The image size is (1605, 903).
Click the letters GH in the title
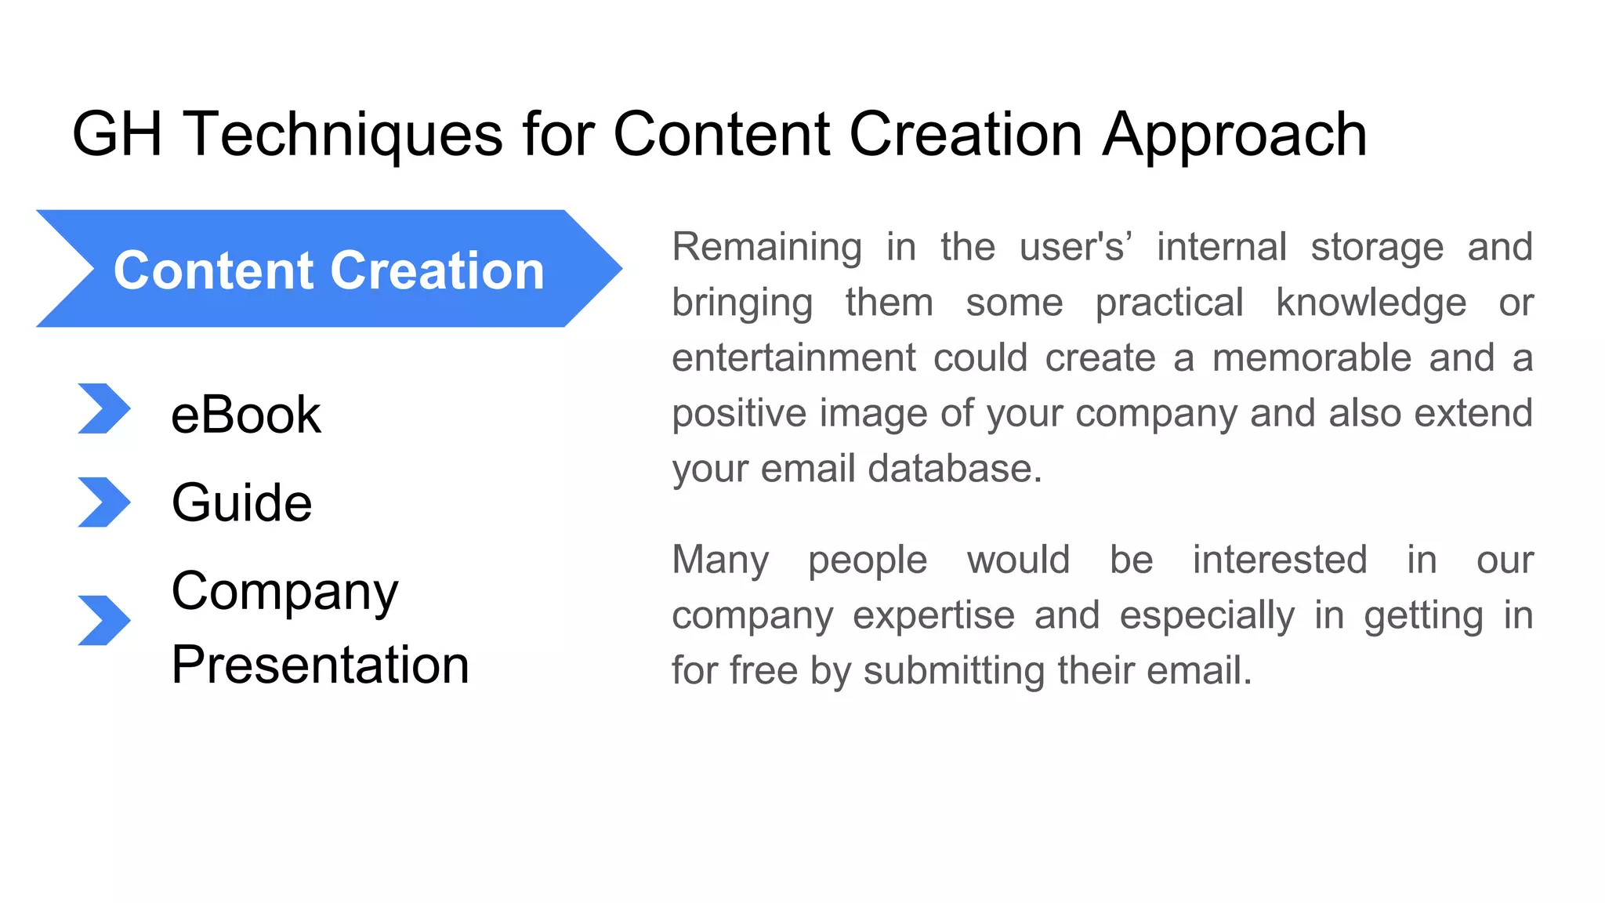(x=117, y=134)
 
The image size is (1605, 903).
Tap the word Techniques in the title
(x=342, y=134)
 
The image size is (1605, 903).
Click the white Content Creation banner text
(x=329, y=270)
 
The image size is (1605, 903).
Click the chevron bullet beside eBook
(x=103, y=408)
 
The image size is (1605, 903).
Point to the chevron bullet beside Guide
(x=103, y=502)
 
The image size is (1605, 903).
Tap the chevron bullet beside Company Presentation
(x=103, y=620)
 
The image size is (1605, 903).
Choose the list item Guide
(x=241, y=502)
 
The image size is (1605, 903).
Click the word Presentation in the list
(x=320, y=665)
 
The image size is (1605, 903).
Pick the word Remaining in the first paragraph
(x=766, y=247)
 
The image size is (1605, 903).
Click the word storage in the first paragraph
(x=1377, y=247)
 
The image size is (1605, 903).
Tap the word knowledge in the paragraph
(x=1371, y=303)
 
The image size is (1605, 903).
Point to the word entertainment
(x=793, y=358)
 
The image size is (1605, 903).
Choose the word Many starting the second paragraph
(x=720, y=560)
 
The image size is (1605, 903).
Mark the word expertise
(x=933, y=615)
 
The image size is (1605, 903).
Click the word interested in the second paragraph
(x=1280, y=560)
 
